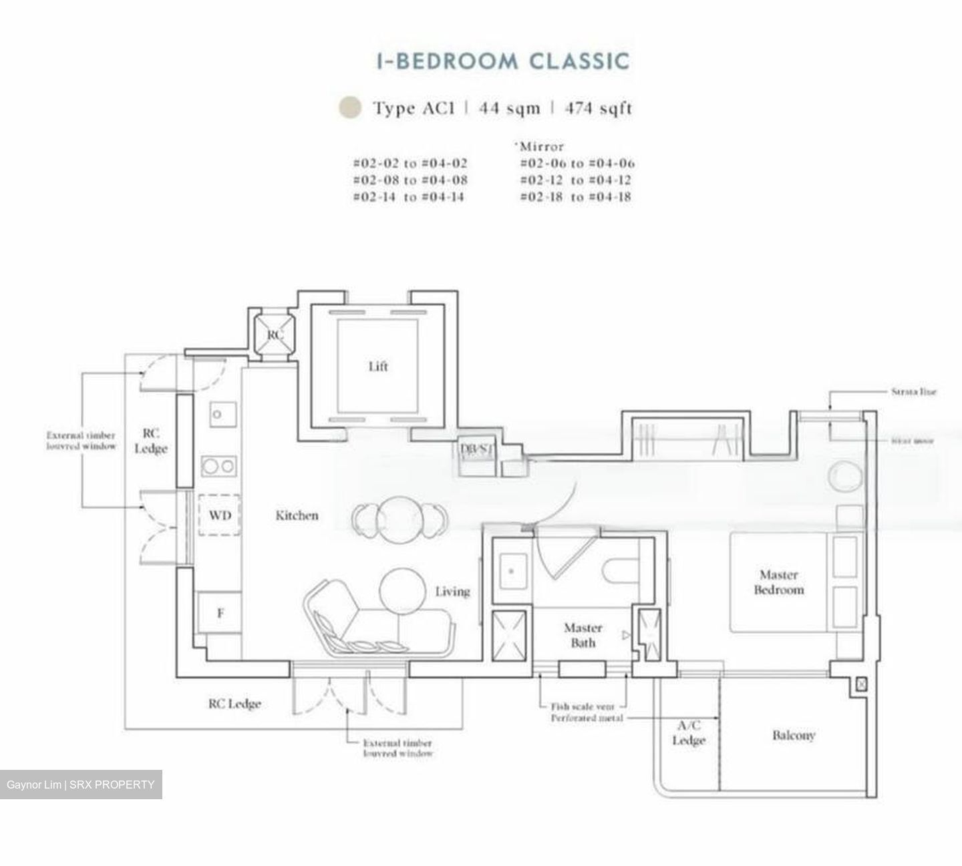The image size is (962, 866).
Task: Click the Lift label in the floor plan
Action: point(377,366)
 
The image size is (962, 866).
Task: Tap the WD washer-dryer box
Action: point(219,515)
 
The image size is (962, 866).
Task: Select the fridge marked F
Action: point(219,612)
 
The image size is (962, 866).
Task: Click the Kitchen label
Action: point(297,515)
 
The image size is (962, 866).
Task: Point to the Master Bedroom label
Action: point(778,582)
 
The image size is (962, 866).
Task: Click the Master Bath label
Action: point(583,635)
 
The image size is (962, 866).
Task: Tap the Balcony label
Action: point(793,735)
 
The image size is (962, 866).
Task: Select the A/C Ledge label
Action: point(688,733)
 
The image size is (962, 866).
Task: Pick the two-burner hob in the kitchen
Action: point(218,465)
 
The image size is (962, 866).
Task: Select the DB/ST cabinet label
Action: point(476,449)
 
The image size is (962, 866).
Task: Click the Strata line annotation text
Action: point(913,392)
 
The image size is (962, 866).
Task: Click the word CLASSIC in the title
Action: point(579,61)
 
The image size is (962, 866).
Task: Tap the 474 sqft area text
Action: point(598,108)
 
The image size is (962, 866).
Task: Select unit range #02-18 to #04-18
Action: point(575,197)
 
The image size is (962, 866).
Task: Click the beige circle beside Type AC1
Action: point(350,107)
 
